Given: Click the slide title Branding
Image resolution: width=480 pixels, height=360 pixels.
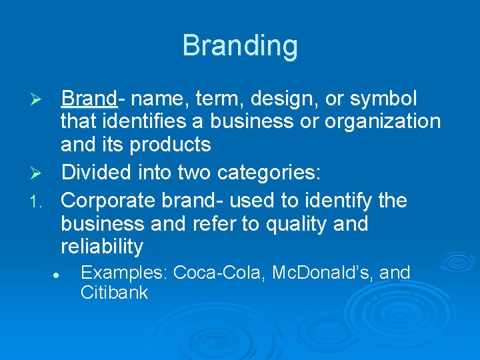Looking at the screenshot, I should (240, 46).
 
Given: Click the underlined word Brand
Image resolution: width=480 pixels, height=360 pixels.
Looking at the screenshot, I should (89, 99).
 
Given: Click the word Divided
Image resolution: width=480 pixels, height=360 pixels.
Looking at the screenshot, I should (97, 174).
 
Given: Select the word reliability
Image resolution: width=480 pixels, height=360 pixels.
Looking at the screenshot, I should (102, 246).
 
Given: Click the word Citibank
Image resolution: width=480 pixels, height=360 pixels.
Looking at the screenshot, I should (114, 293).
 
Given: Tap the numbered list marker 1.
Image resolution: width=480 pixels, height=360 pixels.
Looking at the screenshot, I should (39, 201).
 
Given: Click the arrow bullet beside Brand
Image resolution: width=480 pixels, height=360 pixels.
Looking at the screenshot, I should (39, 100).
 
